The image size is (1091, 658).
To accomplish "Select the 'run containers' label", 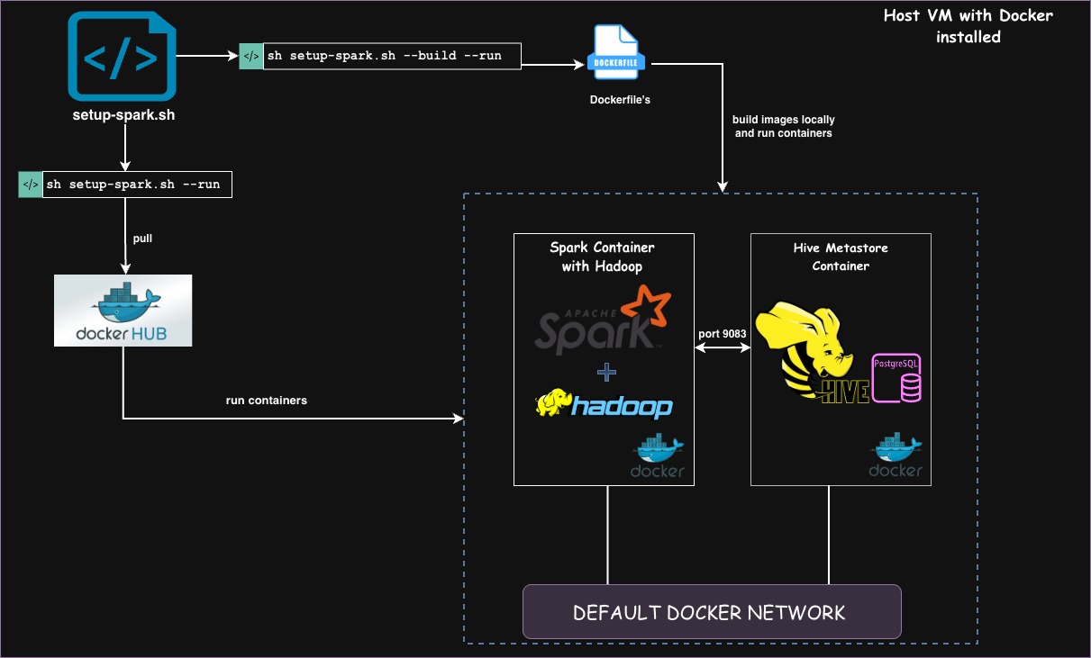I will pos(266,400).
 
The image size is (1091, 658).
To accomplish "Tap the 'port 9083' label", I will pos(722,334).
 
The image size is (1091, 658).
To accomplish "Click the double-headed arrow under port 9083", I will pos(722,349).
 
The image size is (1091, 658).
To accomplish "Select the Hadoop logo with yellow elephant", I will pos(604,404).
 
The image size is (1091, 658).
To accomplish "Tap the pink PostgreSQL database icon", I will pos(896,378).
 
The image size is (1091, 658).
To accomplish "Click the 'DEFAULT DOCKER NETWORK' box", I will pos(711,612).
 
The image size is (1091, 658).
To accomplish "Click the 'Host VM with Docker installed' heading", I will pos(968,26).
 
